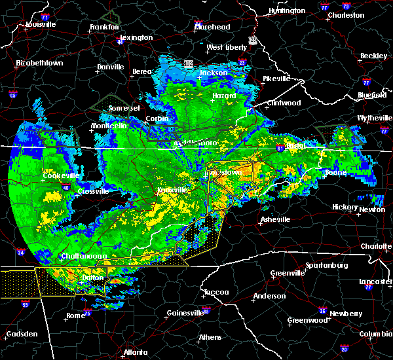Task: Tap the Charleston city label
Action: pos(346,14)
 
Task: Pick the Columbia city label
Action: pos(375,334)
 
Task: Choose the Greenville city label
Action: pos(289,273)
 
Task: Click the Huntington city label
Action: pos(286,10)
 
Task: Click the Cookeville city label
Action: pos(61,175)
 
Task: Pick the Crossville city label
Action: pos(92,191)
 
